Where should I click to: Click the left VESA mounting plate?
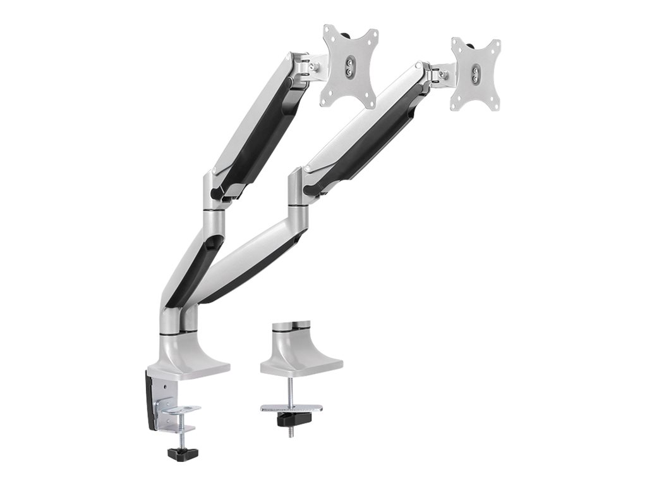coord(350,66)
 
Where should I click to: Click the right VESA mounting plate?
coord(475,74)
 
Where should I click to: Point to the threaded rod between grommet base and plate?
coord(292,389)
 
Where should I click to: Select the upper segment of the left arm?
coord(262,120)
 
